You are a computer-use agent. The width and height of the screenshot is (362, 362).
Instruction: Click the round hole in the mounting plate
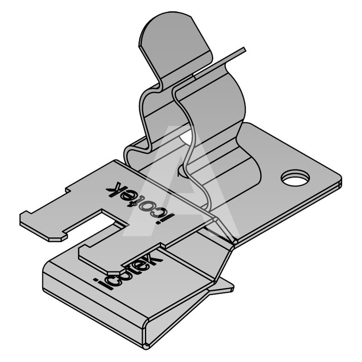[x=295, y=178]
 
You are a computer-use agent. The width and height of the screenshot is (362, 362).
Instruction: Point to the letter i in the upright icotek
[x=99, y=284]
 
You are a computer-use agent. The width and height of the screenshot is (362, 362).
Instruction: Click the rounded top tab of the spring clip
[x=176, y=44]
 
